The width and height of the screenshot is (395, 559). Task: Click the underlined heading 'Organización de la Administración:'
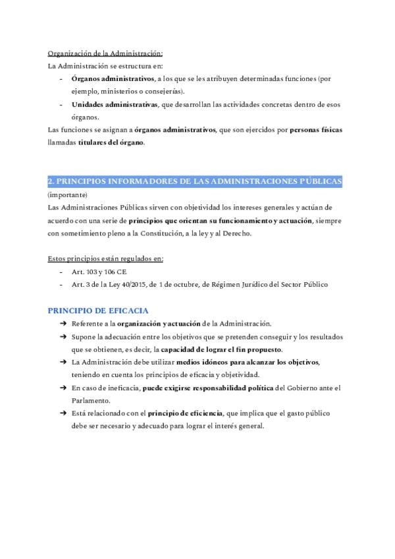pyautogui.click(x=105, y=53)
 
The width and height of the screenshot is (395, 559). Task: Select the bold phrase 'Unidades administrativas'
pyautogui.click(x=115, y=104)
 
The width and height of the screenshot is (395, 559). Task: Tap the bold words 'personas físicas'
pyautogui.click(x=315, y=130)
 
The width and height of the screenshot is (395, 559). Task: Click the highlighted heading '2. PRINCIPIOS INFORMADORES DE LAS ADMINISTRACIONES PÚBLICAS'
pyautogui.click(x=194, y=181)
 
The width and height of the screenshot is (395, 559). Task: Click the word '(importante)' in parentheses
pyautogui.click(x=66, y=195)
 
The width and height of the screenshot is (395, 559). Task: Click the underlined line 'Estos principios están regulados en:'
pyautogui.click(x=105, y=258)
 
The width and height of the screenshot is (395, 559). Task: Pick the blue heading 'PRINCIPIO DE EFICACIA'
pyautogui.click(x=98, y=310)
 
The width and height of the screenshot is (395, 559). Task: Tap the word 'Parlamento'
pyautogui.click(x=92, y=400)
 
